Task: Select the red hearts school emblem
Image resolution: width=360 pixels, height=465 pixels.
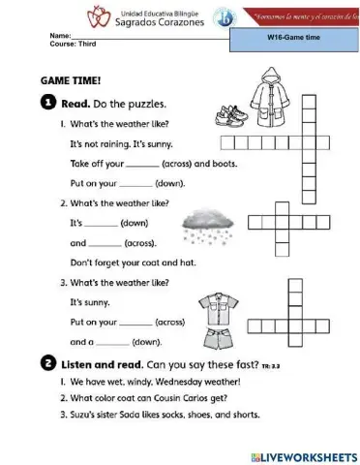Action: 98,15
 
